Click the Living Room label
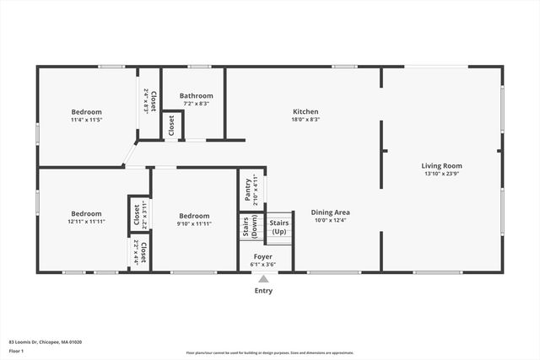point(441,166)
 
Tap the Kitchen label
point(305,112)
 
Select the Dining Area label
point(330,212)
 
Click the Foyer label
point(263,255)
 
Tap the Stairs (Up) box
point(278,227)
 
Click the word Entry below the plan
point(264,291)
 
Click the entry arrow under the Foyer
point(264,277)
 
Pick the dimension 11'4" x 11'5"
point(86,121)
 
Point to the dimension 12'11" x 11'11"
point(86,222)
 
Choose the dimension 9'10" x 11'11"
point(193,223)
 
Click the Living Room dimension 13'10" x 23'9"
point(441,175)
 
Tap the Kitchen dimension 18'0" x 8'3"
point(305,120)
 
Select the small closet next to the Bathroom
point(172,125)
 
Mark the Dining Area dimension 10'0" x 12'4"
point(330,221)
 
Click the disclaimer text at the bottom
point(270,353)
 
